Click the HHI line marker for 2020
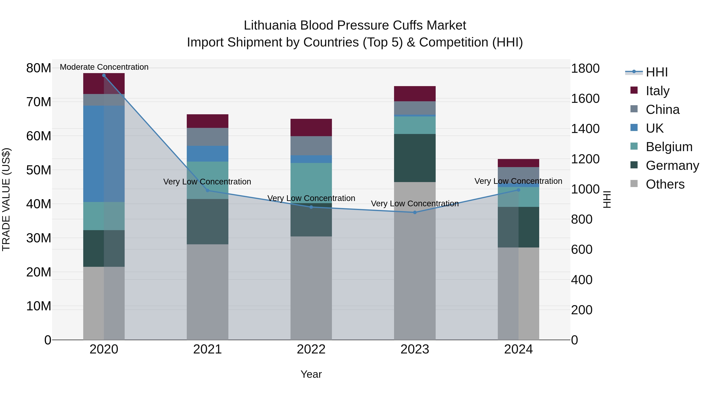104,75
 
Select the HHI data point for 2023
415,212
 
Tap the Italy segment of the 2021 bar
207,121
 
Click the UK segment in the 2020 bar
94,154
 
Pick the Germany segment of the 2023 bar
415,158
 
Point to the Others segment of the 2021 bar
207,292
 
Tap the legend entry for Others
665,184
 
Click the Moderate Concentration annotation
104,67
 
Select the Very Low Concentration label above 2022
311,198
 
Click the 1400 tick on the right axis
585,129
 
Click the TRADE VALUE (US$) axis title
6,199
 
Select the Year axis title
311,374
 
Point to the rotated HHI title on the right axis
607,199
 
